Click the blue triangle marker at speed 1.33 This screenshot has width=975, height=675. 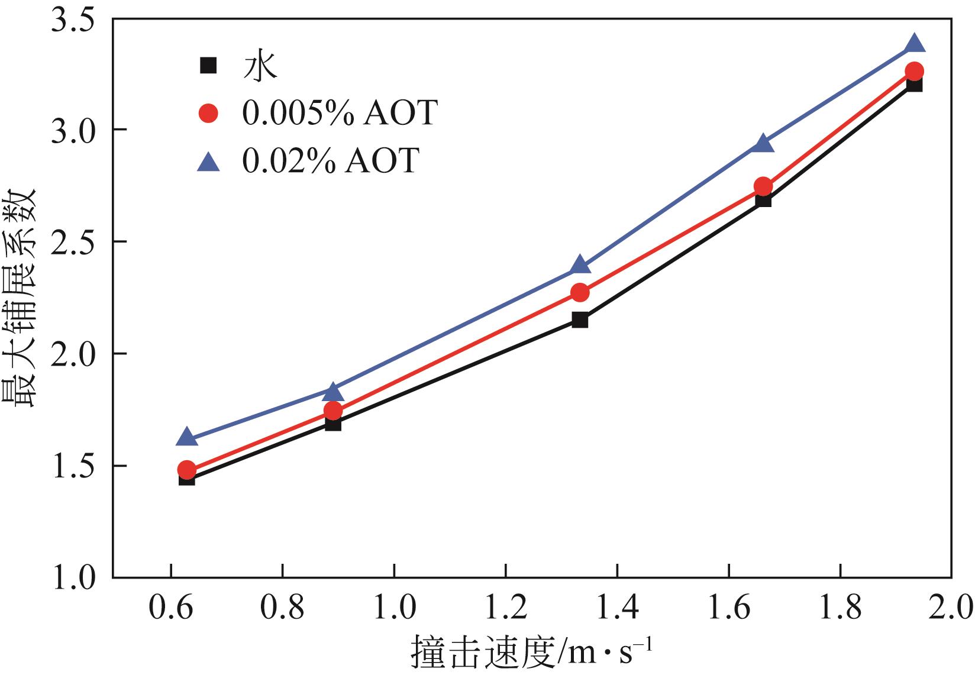580,265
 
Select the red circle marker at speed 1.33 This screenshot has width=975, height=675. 580,292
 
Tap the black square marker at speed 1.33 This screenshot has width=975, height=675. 580,320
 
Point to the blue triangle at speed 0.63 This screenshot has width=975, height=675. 187,438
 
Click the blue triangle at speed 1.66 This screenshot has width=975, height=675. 763,144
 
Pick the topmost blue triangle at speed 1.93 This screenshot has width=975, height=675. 914,44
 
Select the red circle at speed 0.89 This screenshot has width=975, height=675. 333,410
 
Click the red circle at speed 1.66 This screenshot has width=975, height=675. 763,186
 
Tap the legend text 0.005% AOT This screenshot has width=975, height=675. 340,112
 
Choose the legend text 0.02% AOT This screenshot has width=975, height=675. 331,160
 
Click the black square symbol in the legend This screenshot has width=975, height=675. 208,64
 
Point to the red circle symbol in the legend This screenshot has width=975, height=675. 208,112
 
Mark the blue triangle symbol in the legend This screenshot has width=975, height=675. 208,161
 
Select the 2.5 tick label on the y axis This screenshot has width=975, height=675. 72,242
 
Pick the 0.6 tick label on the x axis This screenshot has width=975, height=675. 170,607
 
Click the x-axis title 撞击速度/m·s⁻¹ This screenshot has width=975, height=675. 531,651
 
